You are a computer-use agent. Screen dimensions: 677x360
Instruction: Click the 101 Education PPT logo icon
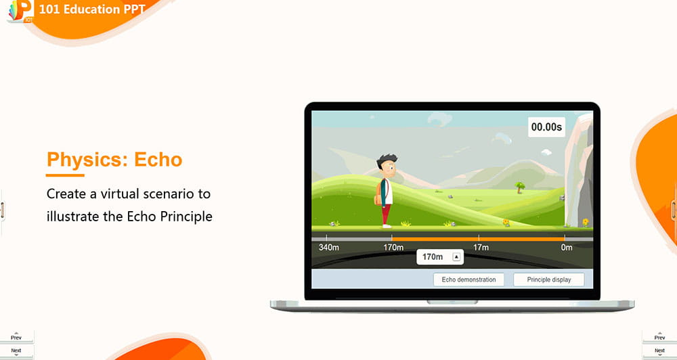21,11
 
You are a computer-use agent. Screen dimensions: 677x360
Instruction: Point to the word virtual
121,194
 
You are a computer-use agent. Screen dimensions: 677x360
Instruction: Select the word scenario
171,194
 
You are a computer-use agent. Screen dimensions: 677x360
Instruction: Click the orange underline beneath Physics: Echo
65,175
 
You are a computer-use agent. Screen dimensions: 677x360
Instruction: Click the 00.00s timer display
546,127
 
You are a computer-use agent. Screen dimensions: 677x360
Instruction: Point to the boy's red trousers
386,214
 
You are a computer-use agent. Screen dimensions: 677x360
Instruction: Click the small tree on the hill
520,187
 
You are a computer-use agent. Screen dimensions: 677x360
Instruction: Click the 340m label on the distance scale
328,248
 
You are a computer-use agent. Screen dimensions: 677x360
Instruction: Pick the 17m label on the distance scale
481,248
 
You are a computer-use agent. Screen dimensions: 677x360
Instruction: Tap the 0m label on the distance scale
567,248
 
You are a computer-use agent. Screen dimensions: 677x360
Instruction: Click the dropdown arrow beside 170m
456,257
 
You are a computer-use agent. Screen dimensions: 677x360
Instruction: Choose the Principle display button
549,279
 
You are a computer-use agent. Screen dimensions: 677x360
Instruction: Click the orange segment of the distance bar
478,239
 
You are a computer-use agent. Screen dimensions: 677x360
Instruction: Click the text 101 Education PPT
92,9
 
